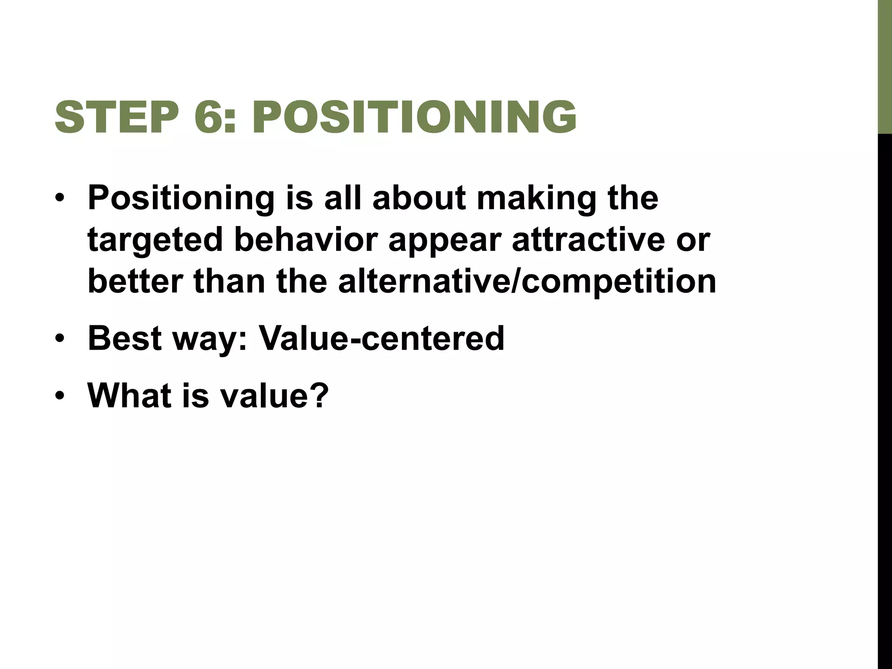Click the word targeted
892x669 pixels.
155,240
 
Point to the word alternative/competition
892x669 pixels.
527,281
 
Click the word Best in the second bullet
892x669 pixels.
124,338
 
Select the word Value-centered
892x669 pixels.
381,338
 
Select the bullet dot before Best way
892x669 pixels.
60,339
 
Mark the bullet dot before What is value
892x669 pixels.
60,396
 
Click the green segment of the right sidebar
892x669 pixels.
884,65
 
